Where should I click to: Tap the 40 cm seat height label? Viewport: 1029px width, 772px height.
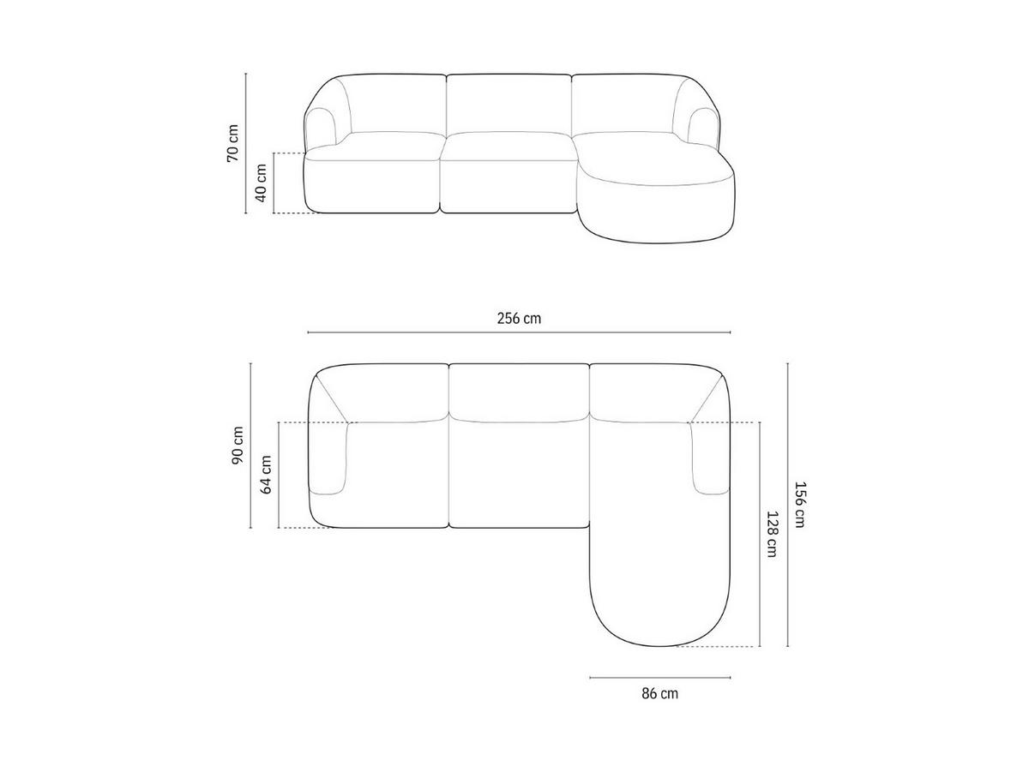pos(262,183)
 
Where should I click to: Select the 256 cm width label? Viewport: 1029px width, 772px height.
pos(519,318)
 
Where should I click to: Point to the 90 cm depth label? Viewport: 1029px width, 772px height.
pos(238,446)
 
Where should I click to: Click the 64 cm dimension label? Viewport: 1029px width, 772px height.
pos(266,475)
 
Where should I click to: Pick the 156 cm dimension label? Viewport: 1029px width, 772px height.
pos(799,506)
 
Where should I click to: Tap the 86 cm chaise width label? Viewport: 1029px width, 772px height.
pos(659,693)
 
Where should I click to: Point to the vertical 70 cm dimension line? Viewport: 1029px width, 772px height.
pos(247,111)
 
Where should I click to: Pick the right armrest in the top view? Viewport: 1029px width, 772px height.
pos(708,459)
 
